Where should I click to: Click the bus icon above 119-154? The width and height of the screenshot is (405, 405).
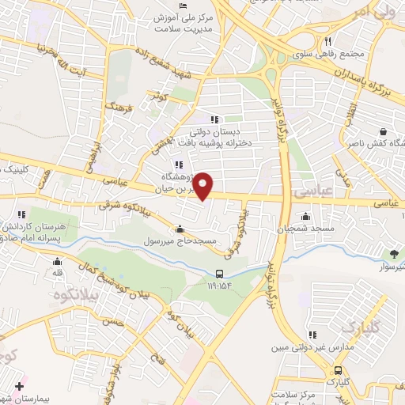click(x=218, y=274)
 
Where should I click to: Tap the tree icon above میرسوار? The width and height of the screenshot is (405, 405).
click(x=394, y=253)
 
